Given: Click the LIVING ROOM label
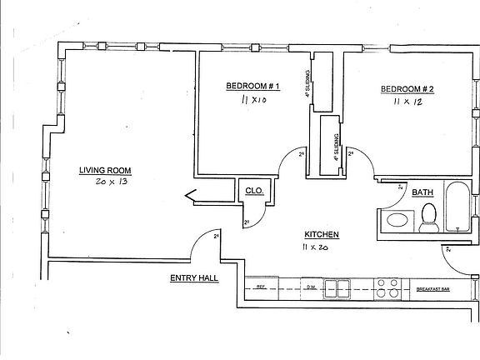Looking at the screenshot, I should pyautogui.click(x=105, y=171).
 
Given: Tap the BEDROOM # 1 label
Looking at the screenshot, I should pyautogui.click(x=252, y=87).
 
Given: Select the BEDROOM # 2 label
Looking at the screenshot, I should pyautogui.click(x=407, y=90).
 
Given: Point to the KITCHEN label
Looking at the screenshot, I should pyautogui.click(x=320, y=235).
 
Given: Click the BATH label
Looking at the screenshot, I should pyautogui.click(x=422, y=192).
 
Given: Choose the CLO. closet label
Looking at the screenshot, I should pyautogui.click(x=254, y=192).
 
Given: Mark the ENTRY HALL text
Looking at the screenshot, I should pyautogui.click(x=193, y=278).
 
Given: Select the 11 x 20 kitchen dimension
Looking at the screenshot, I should pyautogui.click(x=317, y=248).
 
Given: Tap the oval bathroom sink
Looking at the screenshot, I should pyautogui.click(x=398, y=222).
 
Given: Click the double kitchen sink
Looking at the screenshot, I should pyautogui.click(x=337, y=288).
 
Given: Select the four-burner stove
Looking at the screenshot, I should pyautogui.click(x=387, y=288).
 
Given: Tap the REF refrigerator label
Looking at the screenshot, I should pyautogui.click(x=261, y=286).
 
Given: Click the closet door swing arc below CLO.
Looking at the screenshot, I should pyautogui.click(x=257, y=217).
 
